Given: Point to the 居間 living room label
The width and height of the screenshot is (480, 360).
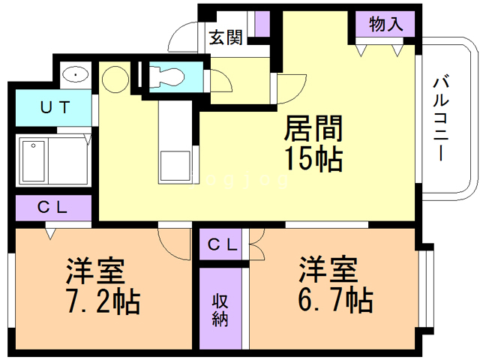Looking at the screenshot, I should tap(313, 130).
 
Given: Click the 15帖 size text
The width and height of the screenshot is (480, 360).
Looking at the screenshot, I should tap(313, 159).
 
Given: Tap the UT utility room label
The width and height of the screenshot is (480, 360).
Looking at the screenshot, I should tap(55, 107).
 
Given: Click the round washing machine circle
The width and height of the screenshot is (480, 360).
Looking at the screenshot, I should tap(116, 78).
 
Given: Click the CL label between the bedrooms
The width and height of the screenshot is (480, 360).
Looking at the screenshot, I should tap(223, 244).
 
